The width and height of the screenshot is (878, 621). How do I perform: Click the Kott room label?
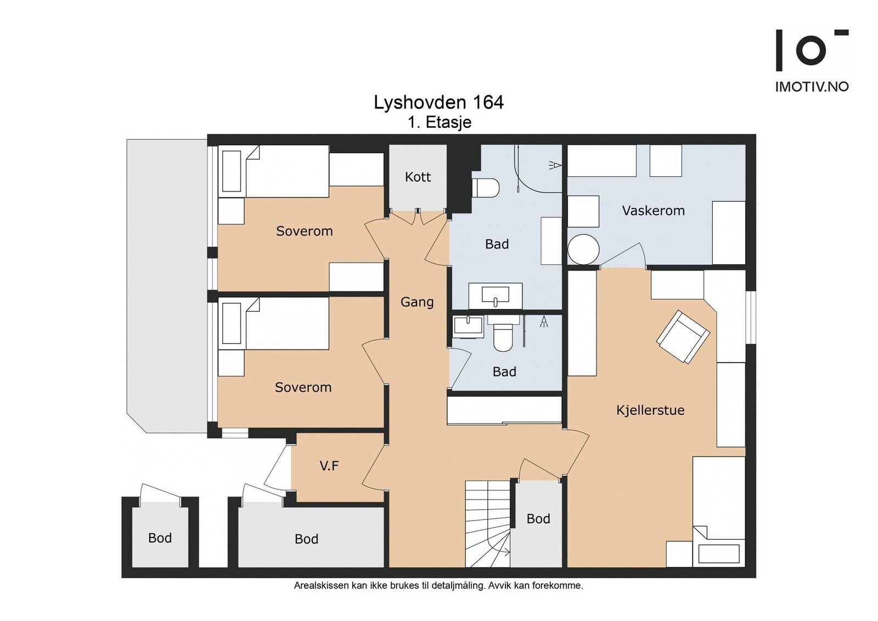pyautogui.click(x=418, y=177)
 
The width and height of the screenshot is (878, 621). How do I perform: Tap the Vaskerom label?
pyautogui.click(x=654, y=211)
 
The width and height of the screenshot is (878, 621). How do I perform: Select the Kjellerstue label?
pyautogui.click(x=650, y=410)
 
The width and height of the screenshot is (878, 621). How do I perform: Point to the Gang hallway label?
pyautogui.click(x=417, y=302)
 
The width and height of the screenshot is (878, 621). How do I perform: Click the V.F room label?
pyautogui.click(x=329, y=465)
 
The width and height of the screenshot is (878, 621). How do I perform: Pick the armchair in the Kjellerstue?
pyautogui.click(x=683, y=336)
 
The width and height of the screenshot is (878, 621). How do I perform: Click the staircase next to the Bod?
pyautogui.click(x=488, y=523)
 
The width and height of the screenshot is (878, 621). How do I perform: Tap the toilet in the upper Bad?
pyautogui.click(x=485, y=188)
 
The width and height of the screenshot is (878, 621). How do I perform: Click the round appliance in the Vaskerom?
pyautogui.click(x=584, y=250)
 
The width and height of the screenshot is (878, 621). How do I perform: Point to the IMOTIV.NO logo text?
pyautogui.click(x=812, y=87)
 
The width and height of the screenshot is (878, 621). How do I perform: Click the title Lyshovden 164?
pyautogui.click(x=438, y=103)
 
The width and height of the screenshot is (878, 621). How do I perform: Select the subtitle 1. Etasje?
pyautogui.click(x=440, y=123)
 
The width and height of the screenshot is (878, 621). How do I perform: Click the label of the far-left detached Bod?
pyautogui.click(x=160, y=538)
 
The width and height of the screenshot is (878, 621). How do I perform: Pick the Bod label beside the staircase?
pyautogui.click(x=538, y=519)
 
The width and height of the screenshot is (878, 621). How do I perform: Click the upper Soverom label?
pyautogui.click(x=305, y=231)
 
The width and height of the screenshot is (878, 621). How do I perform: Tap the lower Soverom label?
pyautogui.click(x=303, y=387)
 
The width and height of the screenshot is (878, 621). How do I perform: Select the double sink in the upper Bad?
pyautogui.click(x=496, y=296)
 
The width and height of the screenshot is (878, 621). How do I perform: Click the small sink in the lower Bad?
pyautogui.click(x=469, y=327)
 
